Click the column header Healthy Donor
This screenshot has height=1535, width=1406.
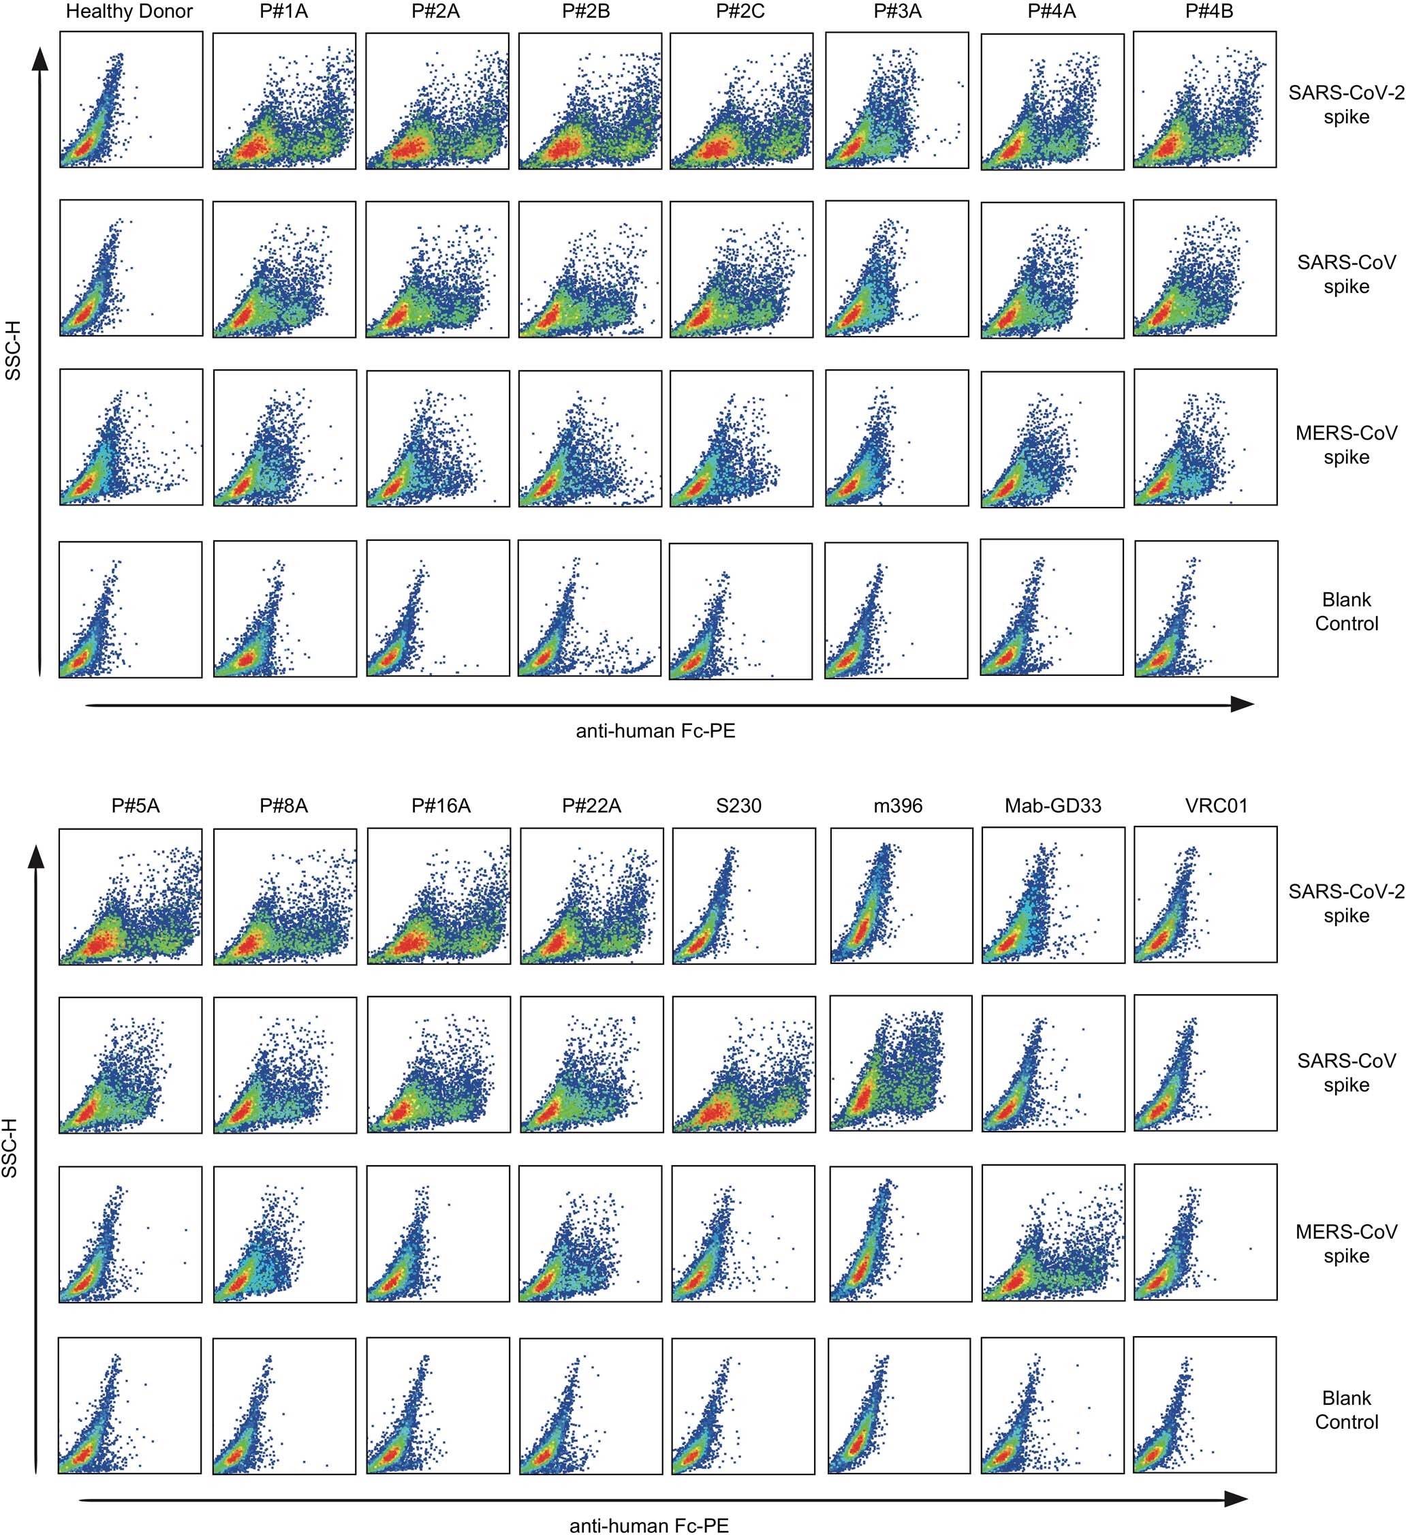click(x=129, y=12)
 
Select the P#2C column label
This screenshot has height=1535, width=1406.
click(x=740, y=12)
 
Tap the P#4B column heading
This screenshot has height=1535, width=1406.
click(x=1209, y=12)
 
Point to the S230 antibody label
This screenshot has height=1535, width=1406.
click(x=738, y=805)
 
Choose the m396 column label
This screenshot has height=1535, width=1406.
click(x=898, y=805)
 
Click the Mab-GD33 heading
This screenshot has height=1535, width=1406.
click(x=1052, y=805)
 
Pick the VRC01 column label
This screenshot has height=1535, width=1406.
click(x=1216, y=805)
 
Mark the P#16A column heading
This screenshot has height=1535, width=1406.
click(x=441, y=805)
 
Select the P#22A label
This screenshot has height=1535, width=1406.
click(x=591, y=805)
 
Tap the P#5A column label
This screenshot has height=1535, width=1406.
click(x=136, y=805)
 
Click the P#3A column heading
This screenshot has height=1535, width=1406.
click(x=898, y=12)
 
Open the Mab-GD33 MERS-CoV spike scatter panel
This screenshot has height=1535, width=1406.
click(x=1052, y=1232)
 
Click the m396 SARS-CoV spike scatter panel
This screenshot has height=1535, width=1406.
click(x=901, y=1063)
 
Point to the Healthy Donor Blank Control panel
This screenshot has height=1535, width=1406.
click(x=130, y=609)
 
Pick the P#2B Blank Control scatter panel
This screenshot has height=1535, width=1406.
click(x=589, y=608)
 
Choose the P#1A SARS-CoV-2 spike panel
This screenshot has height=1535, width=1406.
click(x=284, y=101)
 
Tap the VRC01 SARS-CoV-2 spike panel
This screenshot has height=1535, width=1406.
click(x=1205, y=895)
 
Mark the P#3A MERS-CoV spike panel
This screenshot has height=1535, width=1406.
click(x=896, y=438)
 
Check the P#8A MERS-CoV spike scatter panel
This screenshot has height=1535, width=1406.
click(x=285, y=1235)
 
